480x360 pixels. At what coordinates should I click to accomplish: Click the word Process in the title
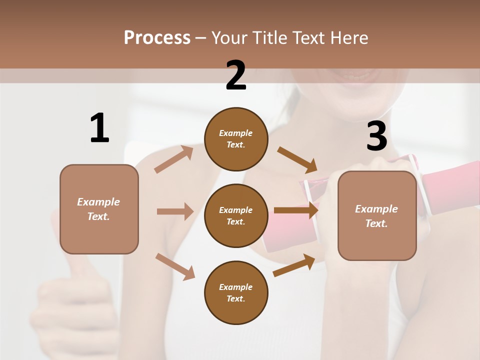157,38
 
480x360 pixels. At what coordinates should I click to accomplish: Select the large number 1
99,128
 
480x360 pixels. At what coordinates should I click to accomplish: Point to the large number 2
236,75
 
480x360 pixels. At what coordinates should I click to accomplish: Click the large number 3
376,136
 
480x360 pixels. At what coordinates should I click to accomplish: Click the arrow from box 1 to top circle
174,159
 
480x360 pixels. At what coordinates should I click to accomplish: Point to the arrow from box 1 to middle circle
175,211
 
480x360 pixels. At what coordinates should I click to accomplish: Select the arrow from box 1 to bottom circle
175,266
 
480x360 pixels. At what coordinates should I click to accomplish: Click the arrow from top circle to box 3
298,160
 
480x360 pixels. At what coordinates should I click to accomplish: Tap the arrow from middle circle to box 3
296,210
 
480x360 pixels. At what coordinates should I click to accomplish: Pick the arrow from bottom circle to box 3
294,264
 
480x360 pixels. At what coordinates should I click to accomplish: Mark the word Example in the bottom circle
236,287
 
